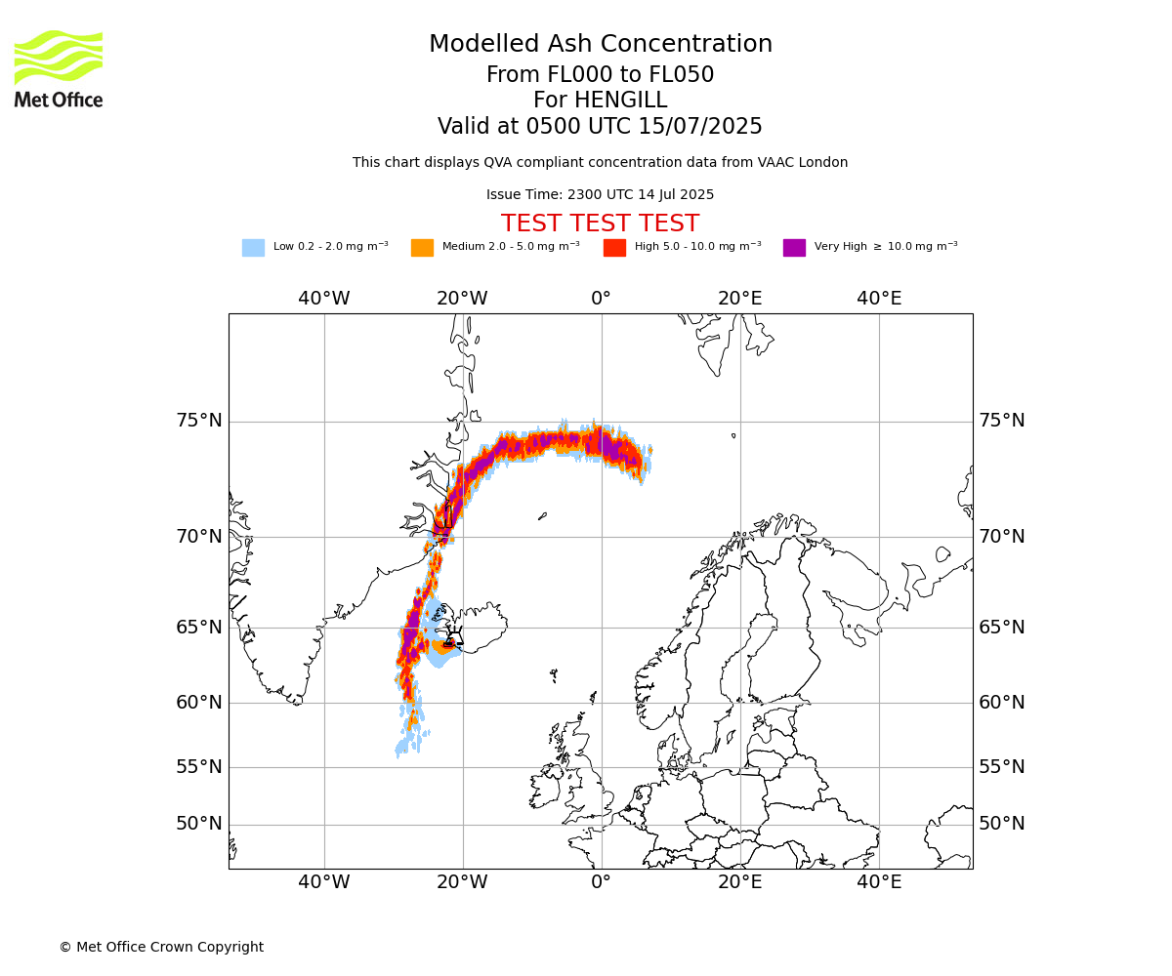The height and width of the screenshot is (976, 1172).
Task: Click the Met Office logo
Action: point(59,69)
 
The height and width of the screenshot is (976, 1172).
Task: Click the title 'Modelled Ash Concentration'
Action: point(600,44)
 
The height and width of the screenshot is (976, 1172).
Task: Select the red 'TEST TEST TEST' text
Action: point(600,224)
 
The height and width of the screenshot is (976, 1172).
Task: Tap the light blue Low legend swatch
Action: point(253,247)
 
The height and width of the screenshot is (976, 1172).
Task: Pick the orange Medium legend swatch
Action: point(422,247)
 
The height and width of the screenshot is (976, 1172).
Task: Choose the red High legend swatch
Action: point(614,247)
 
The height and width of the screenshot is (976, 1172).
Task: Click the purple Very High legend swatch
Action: point(794,247)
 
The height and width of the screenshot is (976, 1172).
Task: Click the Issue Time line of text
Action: point(600,194)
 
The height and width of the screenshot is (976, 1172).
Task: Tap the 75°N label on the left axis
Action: point(199,420)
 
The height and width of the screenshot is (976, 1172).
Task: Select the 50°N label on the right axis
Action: point(1002,824)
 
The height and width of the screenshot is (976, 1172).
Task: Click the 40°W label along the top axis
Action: point(324,298)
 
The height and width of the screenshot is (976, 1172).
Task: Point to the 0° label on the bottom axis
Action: point(601,881)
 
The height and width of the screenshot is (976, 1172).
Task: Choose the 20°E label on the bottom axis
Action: point(739,881)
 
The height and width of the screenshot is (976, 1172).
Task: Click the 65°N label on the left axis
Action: point(199,628)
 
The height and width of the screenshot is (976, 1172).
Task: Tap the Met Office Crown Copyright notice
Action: point(162,947)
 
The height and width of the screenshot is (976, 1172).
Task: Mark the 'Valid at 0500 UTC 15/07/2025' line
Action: point(600,126)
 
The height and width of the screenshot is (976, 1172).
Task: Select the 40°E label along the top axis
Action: point(879,298)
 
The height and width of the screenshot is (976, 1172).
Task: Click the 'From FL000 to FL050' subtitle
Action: point(600,74)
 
